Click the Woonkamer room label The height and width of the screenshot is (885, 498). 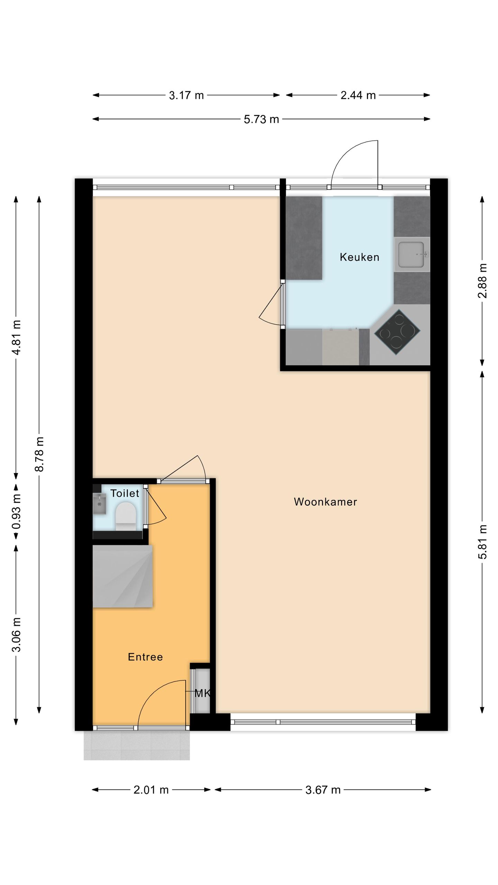325,502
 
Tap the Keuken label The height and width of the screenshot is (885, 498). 359,257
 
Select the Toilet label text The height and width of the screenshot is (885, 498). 124,493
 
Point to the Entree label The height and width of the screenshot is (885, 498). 145,657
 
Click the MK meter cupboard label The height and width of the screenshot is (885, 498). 202,693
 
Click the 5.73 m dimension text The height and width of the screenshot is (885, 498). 261,119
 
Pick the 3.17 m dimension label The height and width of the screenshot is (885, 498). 186,95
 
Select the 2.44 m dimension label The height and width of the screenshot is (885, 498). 358,95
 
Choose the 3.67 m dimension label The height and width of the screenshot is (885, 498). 323,790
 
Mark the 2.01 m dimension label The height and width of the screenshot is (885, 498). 151,790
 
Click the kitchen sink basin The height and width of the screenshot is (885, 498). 411,255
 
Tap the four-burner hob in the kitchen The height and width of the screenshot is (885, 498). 397,332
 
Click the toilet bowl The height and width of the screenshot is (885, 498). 125,516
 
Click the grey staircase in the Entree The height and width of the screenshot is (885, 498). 122,576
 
